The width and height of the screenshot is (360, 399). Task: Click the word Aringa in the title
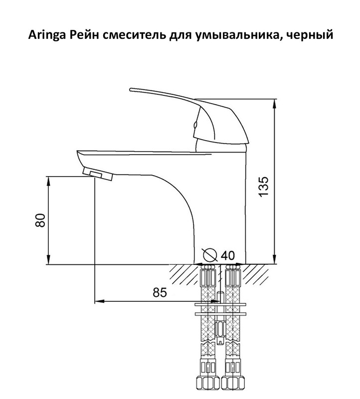click(x=46, y=35)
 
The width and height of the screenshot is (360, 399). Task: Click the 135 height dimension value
click(x=264, y=187)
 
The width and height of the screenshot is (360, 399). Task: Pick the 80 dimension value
click(x=40, y=220)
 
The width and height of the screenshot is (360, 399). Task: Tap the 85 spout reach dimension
click(x=160, y=292)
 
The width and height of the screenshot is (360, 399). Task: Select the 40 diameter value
click(x=227, y=255)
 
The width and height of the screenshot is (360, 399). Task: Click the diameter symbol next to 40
click(x=210, y=255)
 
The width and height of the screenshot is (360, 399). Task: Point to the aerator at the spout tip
click(x=98, y=174)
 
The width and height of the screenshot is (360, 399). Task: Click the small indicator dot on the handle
click(x=195, y=125)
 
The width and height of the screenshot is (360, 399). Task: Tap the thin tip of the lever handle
click(x=131, y=90)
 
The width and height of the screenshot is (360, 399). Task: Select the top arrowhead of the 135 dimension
click(x=274, y=104)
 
